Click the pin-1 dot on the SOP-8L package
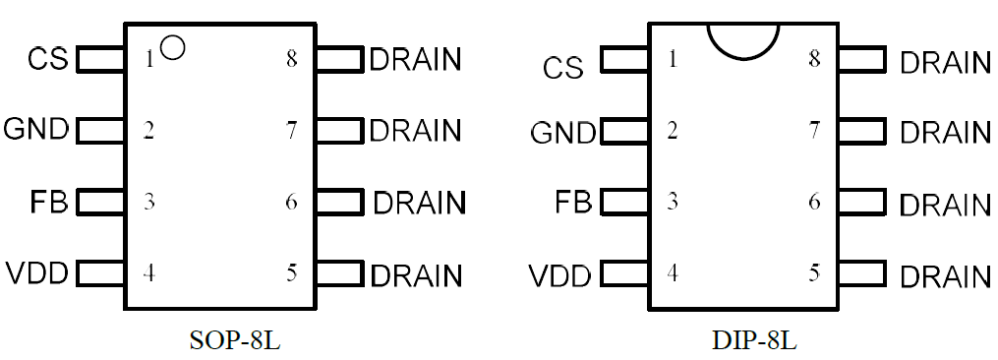172,46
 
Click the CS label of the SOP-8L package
48,59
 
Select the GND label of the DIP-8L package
562,133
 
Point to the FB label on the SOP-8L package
48,203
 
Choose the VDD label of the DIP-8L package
560,274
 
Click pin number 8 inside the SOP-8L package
291,58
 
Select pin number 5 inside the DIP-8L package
814,273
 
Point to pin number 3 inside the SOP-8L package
148,203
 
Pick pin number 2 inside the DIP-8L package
673,130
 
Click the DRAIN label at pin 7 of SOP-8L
414,130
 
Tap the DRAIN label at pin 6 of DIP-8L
945,204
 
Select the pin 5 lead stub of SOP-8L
340,273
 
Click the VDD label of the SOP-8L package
36,273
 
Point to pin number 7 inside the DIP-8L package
814,130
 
